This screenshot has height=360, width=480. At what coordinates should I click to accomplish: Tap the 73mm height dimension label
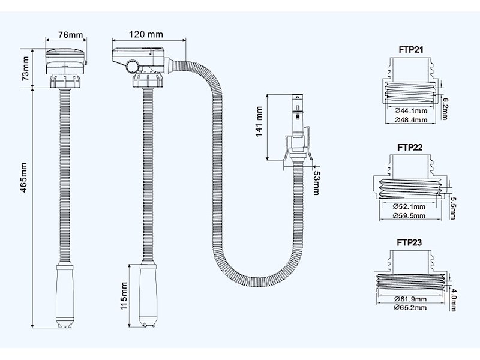(25, 70)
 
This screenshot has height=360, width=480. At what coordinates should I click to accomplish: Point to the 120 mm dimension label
(146, 34)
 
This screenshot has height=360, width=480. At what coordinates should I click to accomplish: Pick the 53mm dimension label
(316, 182)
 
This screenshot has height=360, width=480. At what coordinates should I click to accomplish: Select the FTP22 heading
(410, 148)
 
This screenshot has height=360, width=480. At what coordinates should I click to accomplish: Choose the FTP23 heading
(410, 242)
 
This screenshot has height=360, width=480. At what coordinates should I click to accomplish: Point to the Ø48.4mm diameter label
(411, 120)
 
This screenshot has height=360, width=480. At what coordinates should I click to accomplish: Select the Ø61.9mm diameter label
(411, 299)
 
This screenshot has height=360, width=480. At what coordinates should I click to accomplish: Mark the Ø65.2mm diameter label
(411, 307)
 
